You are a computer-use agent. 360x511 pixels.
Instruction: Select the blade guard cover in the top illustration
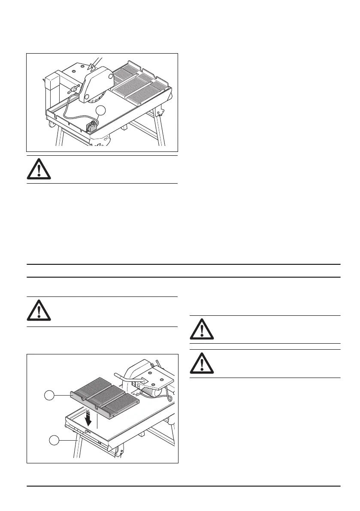click(97, 81)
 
